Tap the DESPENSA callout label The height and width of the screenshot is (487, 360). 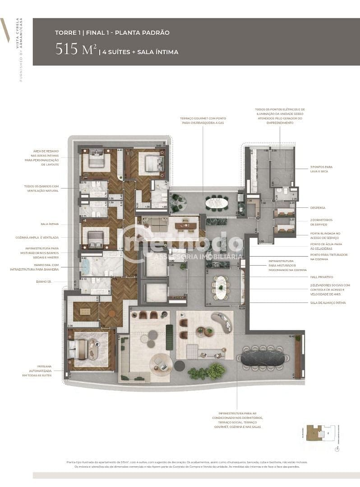coord(318,208)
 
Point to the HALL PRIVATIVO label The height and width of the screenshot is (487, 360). coord(321,277)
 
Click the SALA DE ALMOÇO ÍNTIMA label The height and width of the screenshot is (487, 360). coord(328,303)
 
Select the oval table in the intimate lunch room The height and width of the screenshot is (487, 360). coord(221,287)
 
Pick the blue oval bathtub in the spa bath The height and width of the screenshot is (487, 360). coord(86,266)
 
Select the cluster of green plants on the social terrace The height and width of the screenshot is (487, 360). coord(207,372)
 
